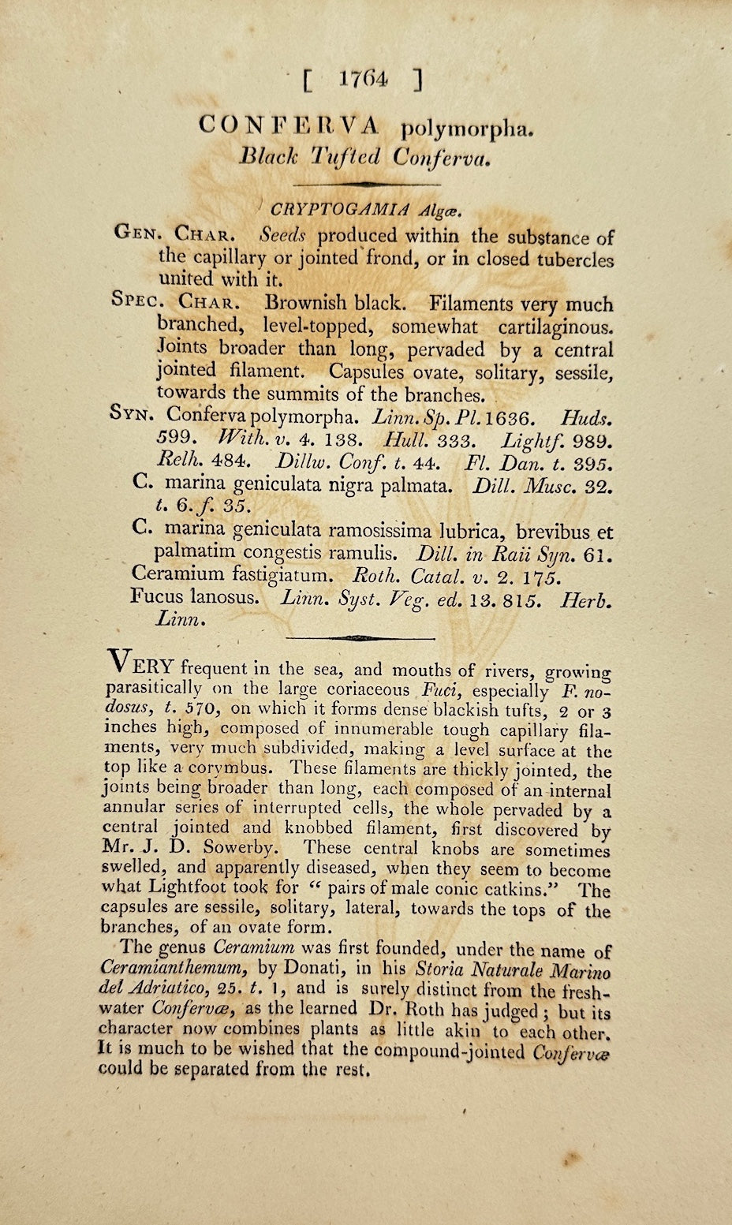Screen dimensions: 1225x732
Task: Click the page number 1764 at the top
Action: pos(364,79)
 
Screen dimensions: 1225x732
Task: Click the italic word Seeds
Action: pos(288,236)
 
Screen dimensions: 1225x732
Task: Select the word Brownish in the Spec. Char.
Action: pos(306,304)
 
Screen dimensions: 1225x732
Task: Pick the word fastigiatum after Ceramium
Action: pos(292,575)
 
